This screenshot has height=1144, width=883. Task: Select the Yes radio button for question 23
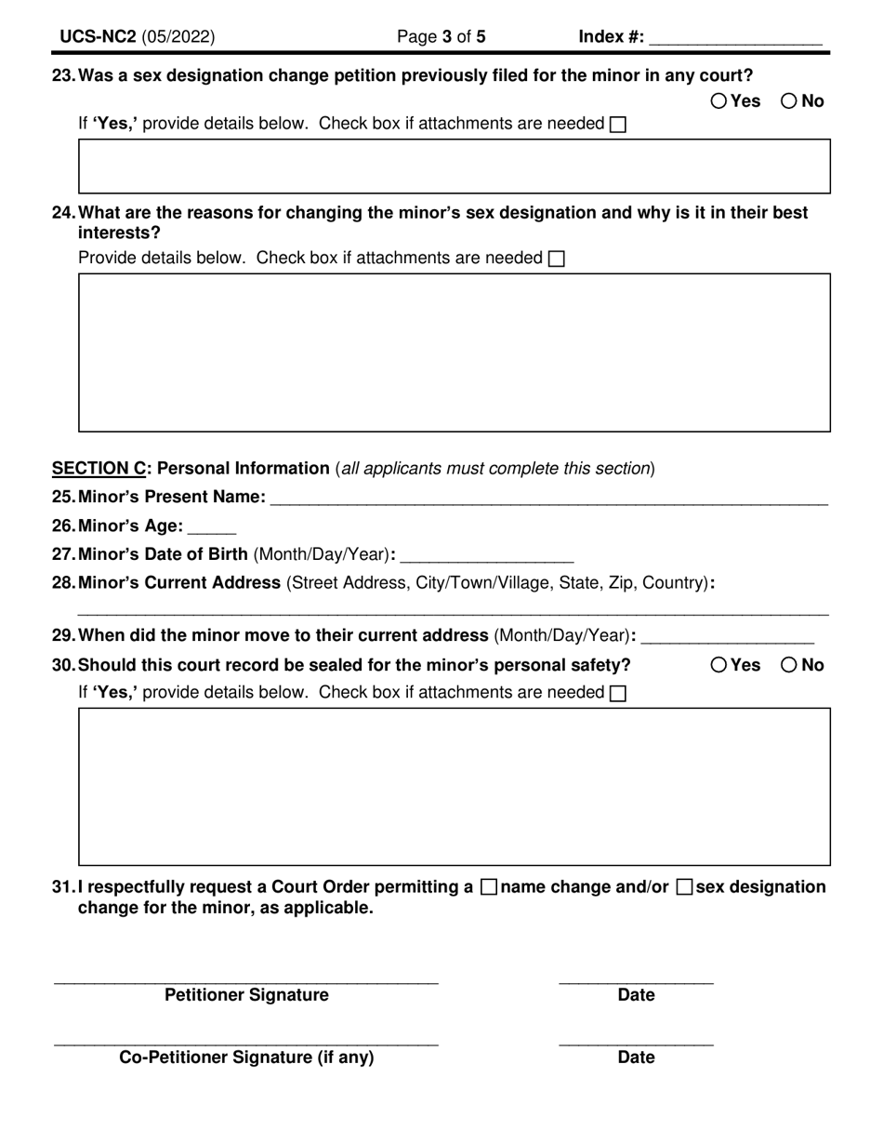coord(719,101)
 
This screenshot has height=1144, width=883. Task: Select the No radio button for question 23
coord(789,101)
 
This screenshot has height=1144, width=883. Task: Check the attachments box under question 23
coord(617,125)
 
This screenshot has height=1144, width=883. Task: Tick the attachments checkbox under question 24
coord(556,259)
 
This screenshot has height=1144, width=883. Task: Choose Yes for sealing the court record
coord(719,665)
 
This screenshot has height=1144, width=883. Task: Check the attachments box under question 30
coord(617,694)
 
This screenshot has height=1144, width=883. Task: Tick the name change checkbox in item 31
coord(489,887)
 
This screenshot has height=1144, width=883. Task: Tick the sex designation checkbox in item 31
coord(684,887)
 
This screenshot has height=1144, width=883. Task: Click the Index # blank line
coord(735,39)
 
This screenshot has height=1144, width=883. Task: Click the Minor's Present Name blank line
coord(548,499)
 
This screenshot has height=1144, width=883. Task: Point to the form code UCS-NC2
coord(99,37)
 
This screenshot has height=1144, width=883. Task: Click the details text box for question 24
coord(454,353)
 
